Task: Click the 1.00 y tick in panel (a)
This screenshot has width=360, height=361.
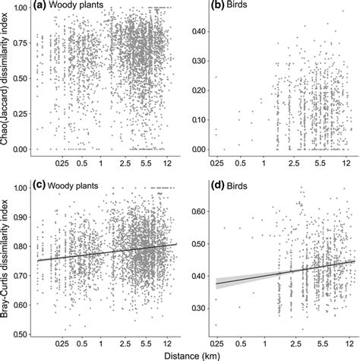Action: tap(21, 8)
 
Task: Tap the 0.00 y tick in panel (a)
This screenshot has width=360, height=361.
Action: tap(21, 149)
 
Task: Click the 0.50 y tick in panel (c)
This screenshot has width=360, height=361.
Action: tap(21, 334)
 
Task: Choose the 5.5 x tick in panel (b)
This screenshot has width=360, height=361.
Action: tap(321, 163)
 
